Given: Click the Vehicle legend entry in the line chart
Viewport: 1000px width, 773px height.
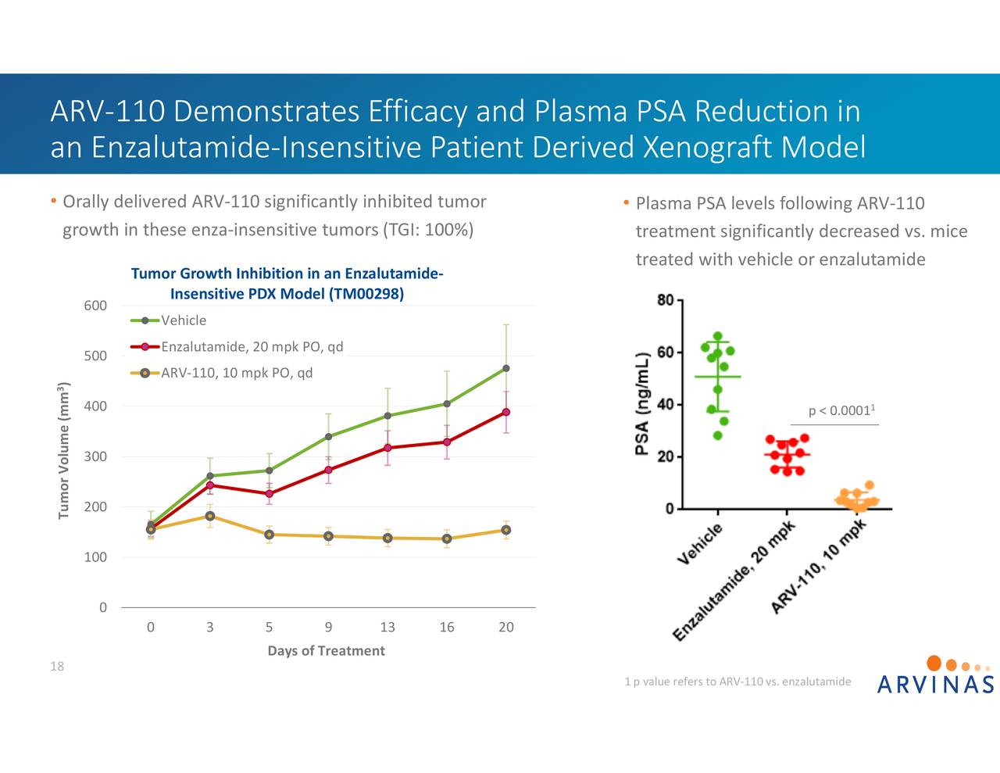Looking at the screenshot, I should [x=184, y=320].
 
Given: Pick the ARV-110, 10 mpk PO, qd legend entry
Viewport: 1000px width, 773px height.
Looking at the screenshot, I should [x=236, y=373].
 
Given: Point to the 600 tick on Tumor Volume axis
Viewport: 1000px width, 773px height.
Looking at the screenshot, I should [x=95, y=306].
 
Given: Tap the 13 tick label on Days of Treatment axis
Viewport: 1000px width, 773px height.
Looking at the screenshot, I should [x=387, y=628].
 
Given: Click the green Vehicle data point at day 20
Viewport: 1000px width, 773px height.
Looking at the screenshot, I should [x=506, y=368].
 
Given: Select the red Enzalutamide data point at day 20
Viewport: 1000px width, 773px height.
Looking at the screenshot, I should [x=506, y=412].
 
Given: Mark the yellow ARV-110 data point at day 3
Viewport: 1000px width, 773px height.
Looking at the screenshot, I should [x=210, y=516].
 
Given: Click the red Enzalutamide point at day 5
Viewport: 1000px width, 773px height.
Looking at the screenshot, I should [x=269, y=494].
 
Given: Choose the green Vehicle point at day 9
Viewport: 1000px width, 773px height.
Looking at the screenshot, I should [x=328, y=437].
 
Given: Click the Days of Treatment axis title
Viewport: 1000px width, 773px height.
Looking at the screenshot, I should [x=326, y=651].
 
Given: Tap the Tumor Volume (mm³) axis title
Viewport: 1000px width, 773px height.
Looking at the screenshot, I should [x=64, y=451].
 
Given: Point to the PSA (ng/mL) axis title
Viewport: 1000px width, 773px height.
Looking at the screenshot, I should [x=642, y=404].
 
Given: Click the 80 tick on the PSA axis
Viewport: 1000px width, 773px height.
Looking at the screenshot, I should [x=665, y=300].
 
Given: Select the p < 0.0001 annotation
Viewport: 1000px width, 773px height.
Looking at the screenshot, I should [x=841, y=411].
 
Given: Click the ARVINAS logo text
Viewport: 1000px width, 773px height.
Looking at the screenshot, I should [x=935, y=685].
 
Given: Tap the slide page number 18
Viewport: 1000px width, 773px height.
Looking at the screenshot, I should [x=57, y=667].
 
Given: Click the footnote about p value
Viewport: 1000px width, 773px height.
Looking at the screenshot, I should [x=737, y=682].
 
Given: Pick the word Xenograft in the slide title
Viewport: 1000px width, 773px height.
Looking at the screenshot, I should [x=708, y=147].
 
